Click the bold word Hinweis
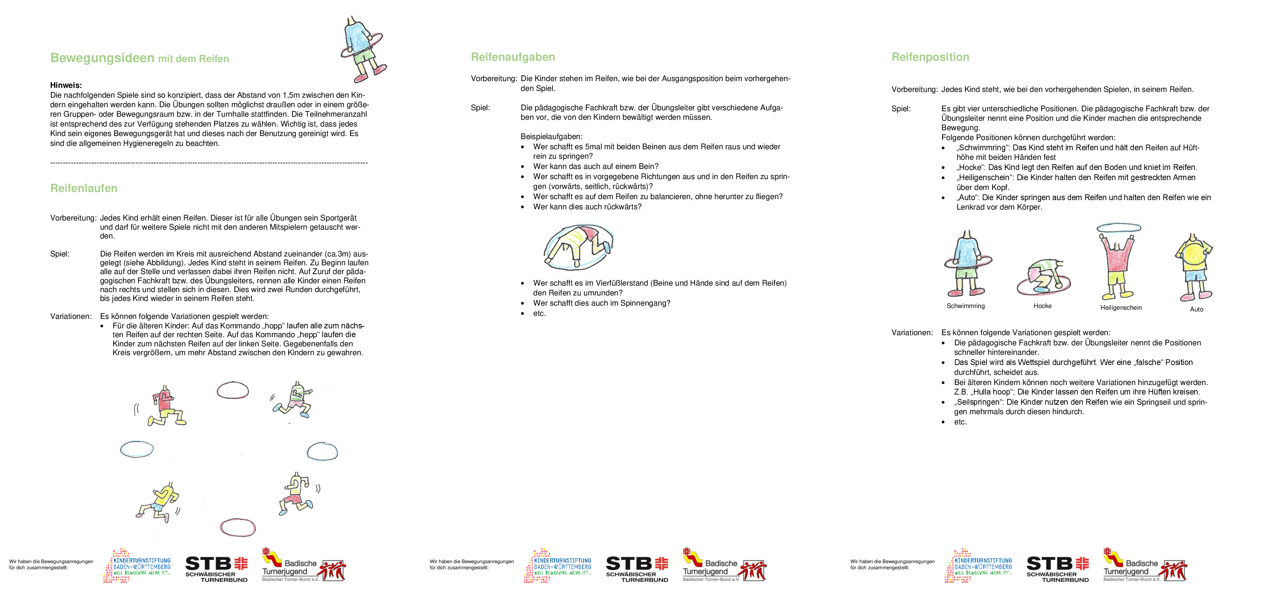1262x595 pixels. click(x=66, y=85)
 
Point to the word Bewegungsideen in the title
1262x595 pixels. click(x=102, y=58)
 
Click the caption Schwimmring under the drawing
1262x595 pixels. click(x=965, y=306)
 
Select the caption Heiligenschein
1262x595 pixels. click(x=1121, y=308)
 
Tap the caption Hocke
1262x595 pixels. click(x=1043, y=306)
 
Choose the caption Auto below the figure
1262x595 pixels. click(x=1196, y=309)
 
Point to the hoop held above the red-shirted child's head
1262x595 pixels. click(x=1118, y=228)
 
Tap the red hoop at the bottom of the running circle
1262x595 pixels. click(x=238, y=527)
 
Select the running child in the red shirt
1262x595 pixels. click(x=166, y=405)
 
